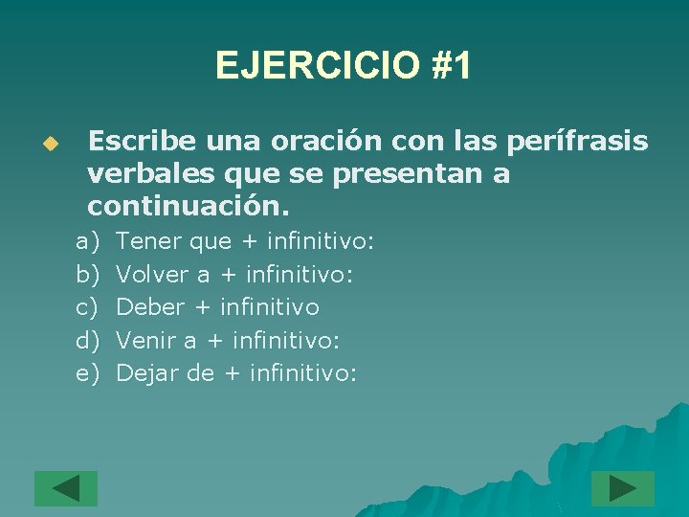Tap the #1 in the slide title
(x=450, y=66)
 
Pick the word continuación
(x=188, y=206)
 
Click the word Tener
(x=148, y=242)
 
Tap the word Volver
(x=152, y=275)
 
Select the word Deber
(x=149, y=307)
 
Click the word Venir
(x=146, y=340)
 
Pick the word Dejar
(x=147, y=372)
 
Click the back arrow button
(x=66, y=488)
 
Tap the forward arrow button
(x=622, y=488)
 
